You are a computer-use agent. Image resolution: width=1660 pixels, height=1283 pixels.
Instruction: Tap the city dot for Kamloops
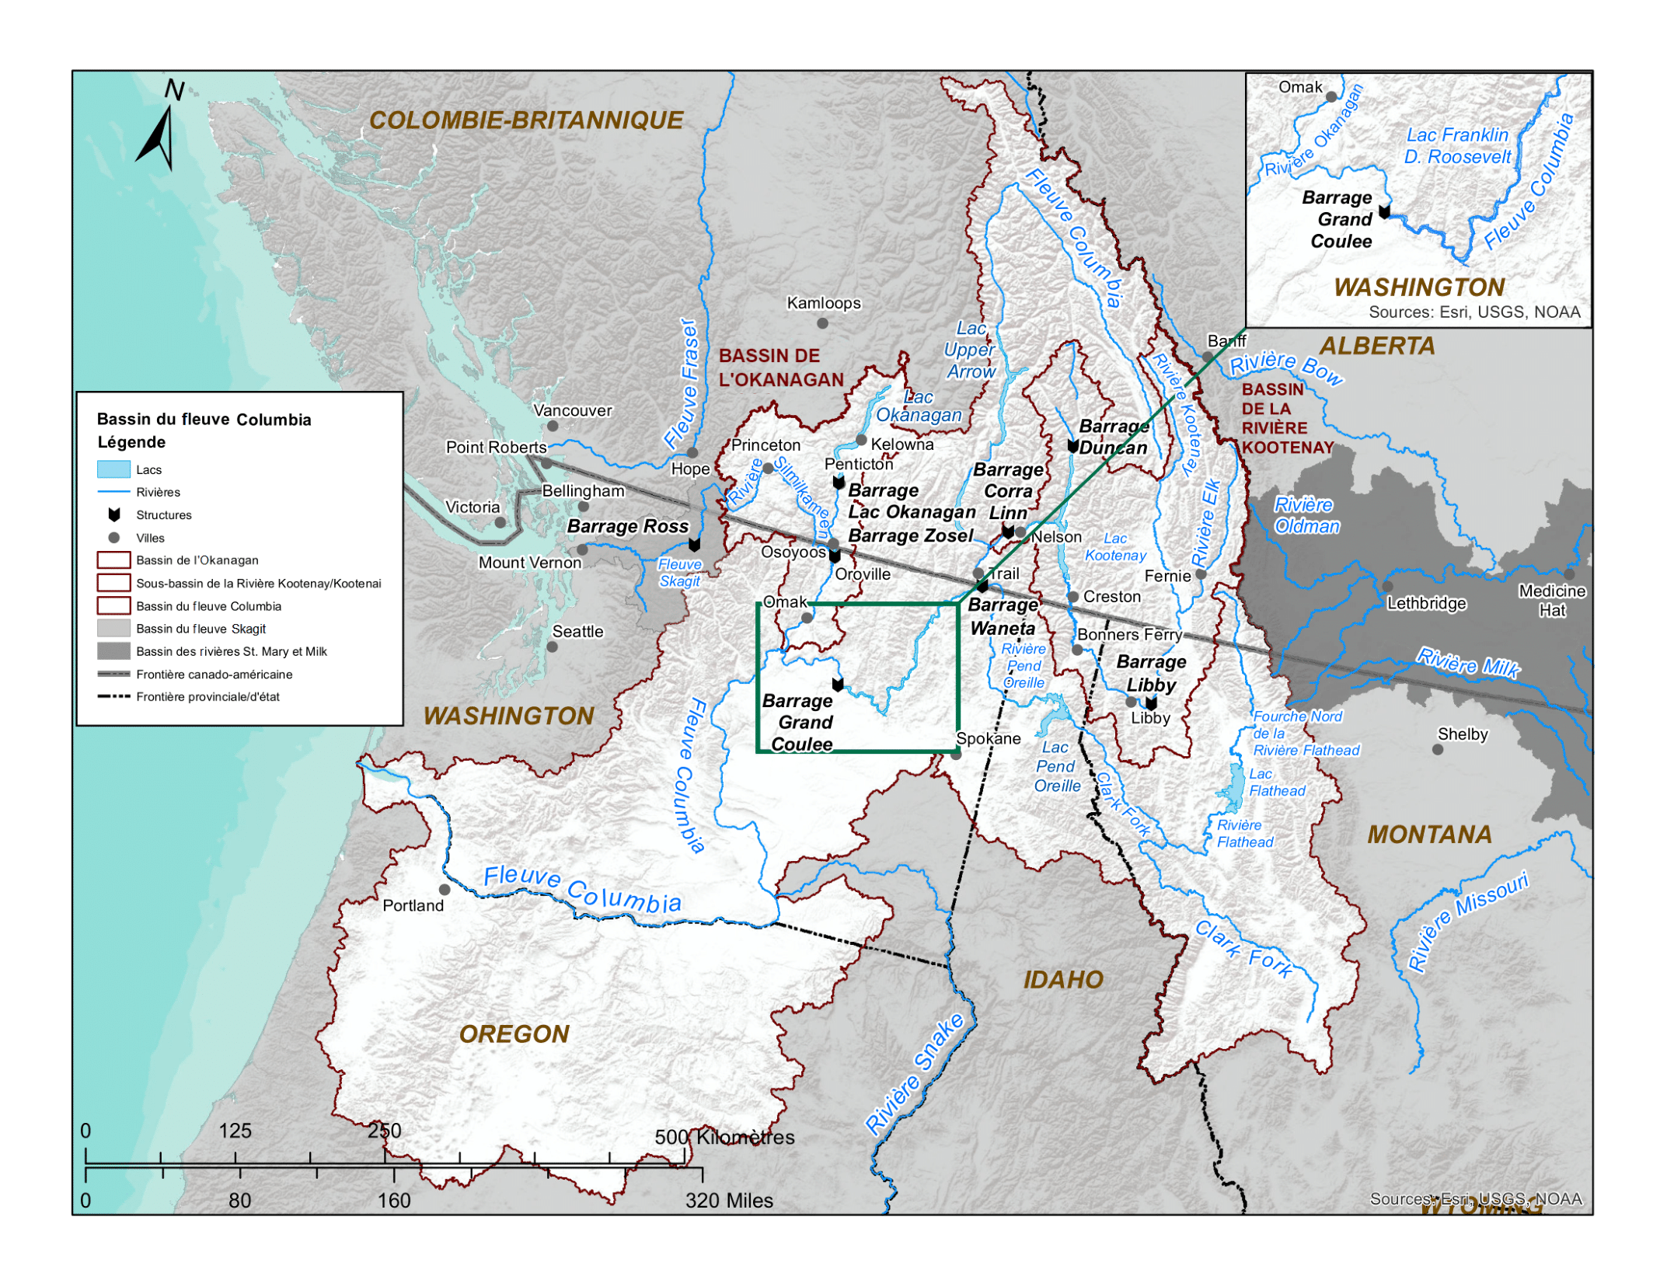(821, 322)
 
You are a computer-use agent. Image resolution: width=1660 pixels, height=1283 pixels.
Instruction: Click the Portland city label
(413, 905)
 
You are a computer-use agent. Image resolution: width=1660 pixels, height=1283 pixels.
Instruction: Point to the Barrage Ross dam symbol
(694, 545)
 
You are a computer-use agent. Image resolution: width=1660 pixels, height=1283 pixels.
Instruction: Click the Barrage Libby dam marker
(1150, 703)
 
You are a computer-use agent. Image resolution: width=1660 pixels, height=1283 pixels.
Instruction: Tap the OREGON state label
(514, 1034)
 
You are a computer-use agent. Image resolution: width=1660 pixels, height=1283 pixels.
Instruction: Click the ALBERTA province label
(1376, 346)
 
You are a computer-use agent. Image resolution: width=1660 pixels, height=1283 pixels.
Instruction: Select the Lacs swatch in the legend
(113, 469)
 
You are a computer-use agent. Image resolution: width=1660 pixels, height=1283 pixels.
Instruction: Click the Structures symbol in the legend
(113, 514)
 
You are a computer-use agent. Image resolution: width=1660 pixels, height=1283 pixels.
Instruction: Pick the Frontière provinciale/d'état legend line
(113, 696)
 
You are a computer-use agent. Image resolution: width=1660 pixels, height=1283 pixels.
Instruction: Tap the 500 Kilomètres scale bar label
(724, 1137)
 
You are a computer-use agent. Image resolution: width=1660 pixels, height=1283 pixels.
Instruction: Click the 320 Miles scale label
(728, 1201)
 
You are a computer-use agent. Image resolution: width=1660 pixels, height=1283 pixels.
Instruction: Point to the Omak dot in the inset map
(1330, 97)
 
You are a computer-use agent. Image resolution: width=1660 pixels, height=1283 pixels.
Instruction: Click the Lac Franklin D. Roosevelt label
(1457, 146)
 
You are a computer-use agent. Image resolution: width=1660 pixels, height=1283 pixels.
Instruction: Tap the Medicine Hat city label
(1551, 601)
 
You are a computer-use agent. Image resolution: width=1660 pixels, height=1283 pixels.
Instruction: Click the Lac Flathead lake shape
(1233, 787)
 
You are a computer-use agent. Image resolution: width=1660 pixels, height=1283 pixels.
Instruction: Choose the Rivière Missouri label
(1467, 921)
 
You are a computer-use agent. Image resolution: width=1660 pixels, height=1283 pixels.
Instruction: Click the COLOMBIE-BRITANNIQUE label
(526, 120)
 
